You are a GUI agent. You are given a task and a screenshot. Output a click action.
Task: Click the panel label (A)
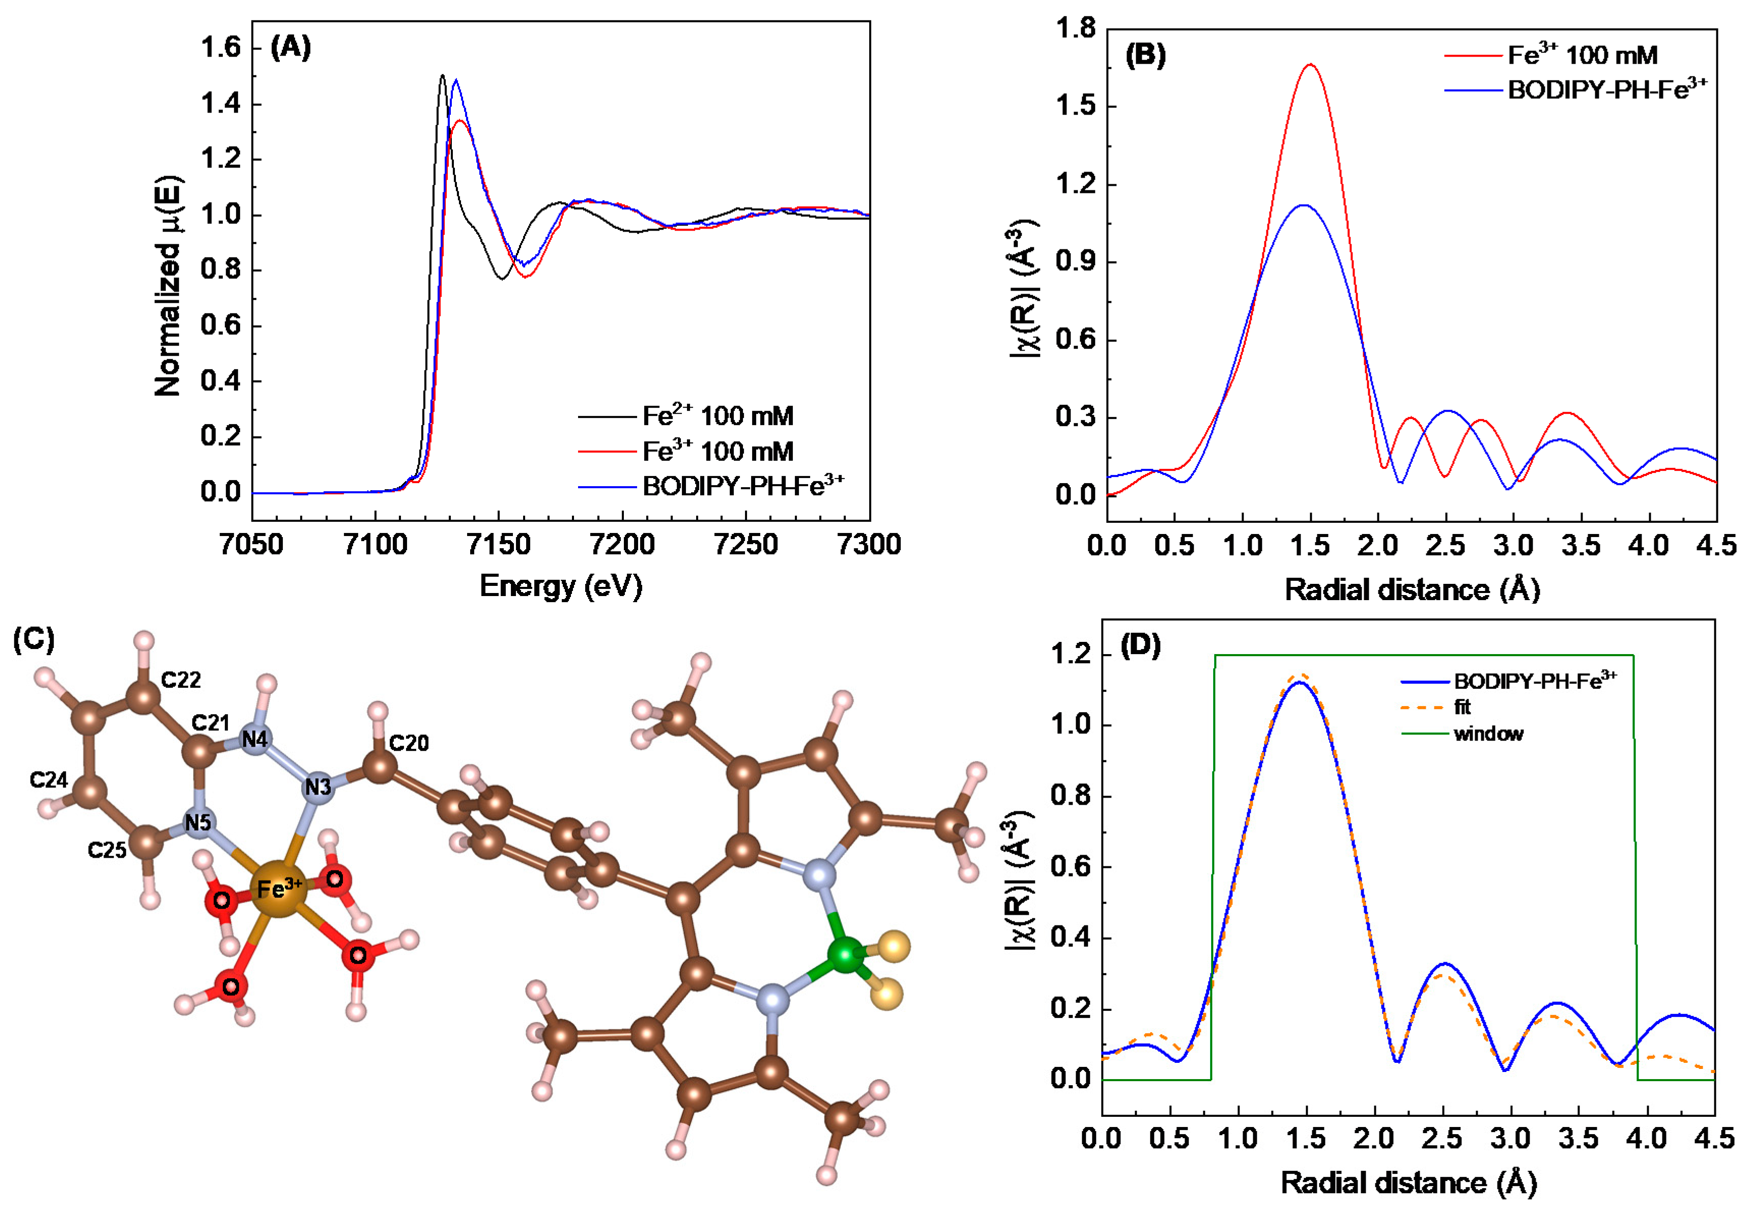coord(290,48)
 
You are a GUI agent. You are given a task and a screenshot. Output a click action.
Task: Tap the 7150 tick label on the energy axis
coord(499,544)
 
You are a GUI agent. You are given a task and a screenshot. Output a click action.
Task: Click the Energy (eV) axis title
coord(561,586)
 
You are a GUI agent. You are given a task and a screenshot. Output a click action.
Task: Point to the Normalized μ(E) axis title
coord(169,287)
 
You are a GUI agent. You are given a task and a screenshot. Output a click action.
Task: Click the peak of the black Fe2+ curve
coord(442,75)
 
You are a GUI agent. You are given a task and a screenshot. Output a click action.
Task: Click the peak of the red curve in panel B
coord(1310,65)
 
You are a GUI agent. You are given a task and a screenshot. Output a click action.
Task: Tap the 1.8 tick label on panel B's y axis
coord(1076,29)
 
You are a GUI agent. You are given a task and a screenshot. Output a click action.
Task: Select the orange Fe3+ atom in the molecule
coord(278,888)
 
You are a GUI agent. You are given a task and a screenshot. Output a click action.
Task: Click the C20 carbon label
coord(409,743)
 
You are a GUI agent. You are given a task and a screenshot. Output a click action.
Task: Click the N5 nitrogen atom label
coord(197,822)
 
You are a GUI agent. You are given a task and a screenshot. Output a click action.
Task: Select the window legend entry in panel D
coord(1488,734)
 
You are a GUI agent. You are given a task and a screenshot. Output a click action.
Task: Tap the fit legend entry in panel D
coord(1462,707)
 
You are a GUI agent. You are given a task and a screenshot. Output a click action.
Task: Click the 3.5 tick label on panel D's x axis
coord(1579,1139)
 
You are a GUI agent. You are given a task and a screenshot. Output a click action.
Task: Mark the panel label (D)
coord(1140,645)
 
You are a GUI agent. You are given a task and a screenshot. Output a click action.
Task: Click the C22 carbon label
coord(181,680)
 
